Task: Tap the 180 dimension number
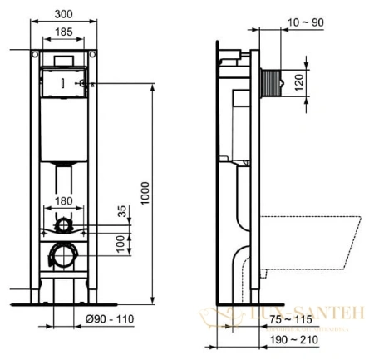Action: [x=63, y=200]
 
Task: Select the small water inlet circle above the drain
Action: [x=63, y=224]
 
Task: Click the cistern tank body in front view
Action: [x=63, y=125]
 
